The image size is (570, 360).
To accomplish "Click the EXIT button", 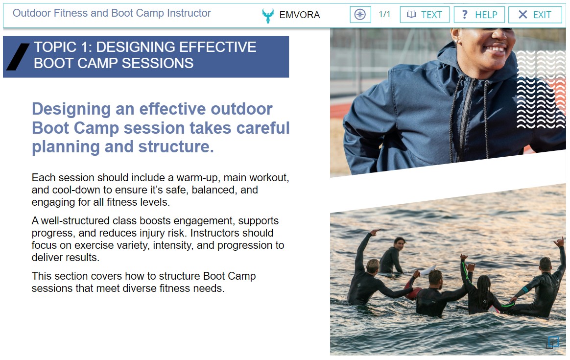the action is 535,15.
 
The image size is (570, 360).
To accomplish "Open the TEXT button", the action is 425,15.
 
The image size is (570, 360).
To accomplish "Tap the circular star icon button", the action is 360,15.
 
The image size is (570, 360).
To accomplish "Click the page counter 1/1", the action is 384,15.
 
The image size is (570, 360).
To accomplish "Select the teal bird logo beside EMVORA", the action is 268,16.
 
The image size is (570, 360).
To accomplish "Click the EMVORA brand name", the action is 300,15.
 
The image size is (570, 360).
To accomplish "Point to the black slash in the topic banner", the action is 18,57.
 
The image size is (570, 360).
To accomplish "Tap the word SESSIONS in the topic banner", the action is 157,63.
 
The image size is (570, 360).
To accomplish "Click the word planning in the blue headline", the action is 66,147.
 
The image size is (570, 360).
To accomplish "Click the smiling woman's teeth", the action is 496,48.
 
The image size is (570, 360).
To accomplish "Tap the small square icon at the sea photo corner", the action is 553,342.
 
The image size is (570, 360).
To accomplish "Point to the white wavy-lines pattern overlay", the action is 541,90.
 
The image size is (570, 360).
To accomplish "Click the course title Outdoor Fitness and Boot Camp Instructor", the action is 112,13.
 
